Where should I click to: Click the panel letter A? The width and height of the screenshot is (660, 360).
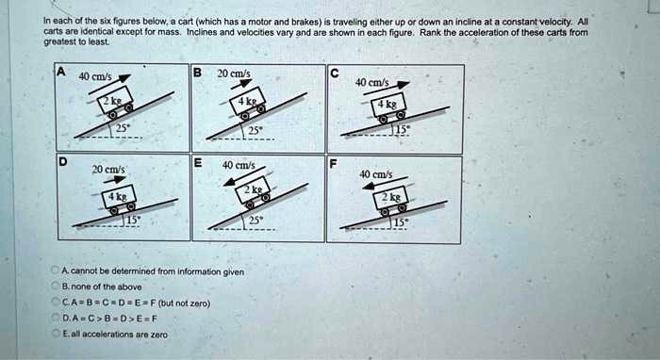60,72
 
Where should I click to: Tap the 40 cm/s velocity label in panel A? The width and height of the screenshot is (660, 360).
96,76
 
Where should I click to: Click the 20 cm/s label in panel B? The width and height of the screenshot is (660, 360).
233,74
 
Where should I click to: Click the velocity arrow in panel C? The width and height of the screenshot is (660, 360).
394,94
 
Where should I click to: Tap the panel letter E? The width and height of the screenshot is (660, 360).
196,162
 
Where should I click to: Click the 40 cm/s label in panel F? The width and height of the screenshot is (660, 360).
376,173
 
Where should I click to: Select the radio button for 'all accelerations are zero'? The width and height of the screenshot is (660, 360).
55,334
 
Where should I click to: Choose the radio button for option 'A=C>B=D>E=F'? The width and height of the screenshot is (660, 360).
55,319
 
